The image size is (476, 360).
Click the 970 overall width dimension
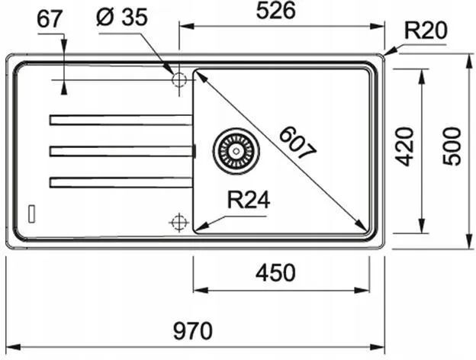click(x=193, y=331)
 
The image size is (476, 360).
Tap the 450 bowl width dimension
click(x=275, y=272)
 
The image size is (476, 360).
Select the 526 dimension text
click(x=275, y=11)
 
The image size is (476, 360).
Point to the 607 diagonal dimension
click(x=297, y=143)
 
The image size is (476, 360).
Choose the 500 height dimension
click(x=452, y=146)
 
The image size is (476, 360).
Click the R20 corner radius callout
click(x=426, y=31)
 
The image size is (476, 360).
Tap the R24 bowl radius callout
click(x=249, y=200)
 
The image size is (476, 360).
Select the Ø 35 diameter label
click(x=122, y=17)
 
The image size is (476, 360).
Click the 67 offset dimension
click(x=50, y=19)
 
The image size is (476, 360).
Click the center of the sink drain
click(x=236, y=151)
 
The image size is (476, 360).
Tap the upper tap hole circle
click(x=179, y=80)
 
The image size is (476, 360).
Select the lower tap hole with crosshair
click(x=179, y=222)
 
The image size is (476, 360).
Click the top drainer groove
click(x=121, y=120)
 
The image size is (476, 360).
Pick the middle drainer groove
click(x=121, y=151)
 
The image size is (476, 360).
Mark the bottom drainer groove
click(x=121, y=182)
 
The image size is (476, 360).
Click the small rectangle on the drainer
click(x=31, y=214)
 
